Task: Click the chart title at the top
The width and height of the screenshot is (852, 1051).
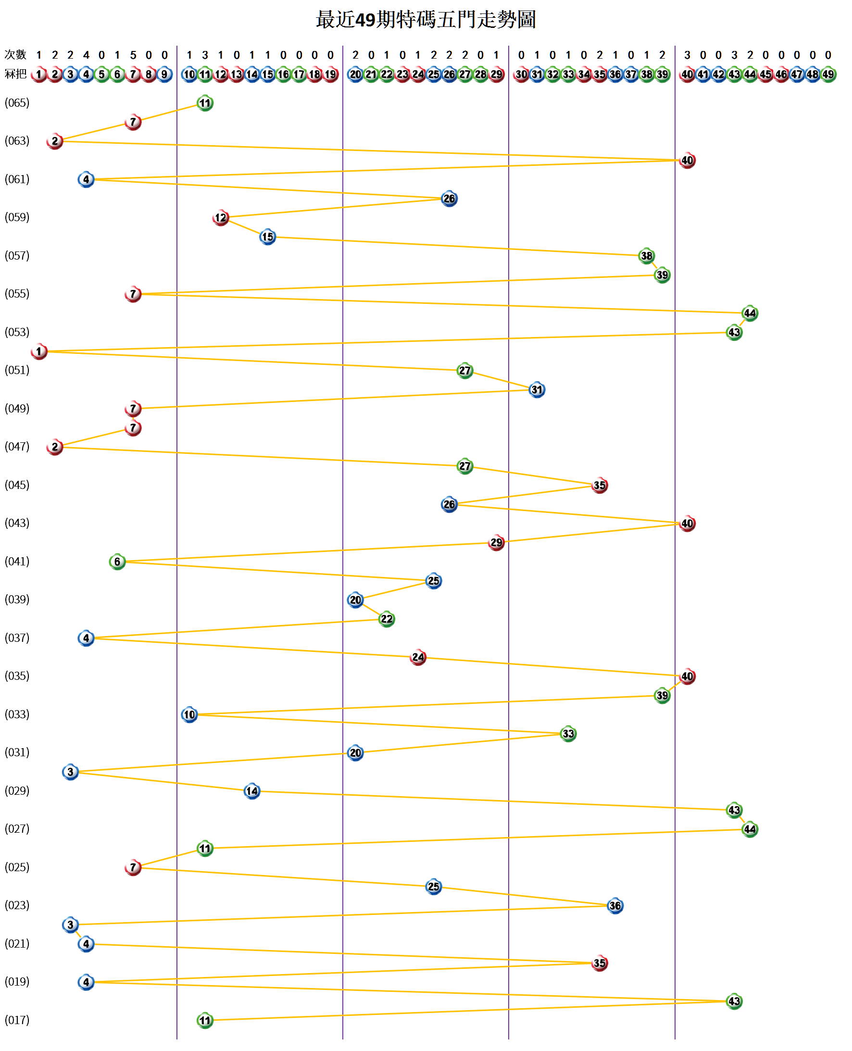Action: pos(426,20)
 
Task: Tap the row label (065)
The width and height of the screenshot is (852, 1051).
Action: pos(17,102)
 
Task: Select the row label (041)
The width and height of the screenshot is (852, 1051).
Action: pos(17,561)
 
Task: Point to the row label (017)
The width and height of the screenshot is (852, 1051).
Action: pos(17,1020)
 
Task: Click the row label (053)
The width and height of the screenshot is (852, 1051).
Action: pos(17,332)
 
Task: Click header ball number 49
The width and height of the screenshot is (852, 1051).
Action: pos(828,75)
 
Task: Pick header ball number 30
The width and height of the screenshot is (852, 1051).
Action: pos(521,75)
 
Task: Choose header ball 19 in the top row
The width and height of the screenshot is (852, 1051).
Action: pos(331,75)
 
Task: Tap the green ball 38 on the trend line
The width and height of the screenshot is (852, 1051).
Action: pos(646,256)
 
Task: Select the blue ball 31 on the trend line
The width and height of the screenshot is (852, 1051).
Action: pos(537,389)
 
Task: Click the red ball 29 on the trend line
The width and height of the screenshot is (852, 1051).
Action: pos(496,542)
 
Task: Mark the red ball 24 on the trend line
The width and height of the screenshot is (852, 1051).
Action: pos(418,657)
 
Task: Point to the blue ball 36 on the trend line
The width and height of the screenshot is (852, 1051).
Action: pos(615,906)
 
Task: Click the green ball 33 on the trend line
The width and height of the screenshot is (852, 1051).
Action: pos(568,734)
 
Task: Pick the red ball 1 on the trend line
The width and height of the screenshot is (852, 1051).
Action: pos(39,351)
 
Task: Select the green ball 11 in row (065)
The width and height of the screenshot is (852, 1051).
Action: pos(205,103)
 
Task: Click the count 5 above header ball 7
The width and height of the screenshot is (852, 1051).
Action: pos(133,55)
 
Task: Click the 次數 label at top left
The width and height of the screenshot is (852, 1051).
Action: pos(15,54)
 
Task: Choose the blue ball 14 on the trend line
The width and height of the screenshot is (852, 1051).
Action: pos(252,791)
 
